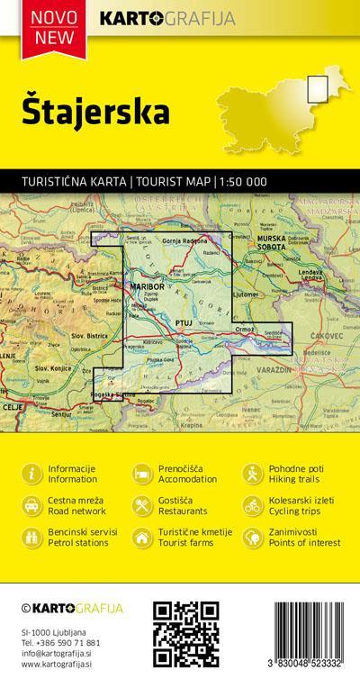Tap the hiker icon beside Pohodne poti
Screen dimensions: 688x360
click(x=251, y=475)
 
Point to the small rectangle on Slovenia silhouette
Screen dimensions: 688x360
click(x=317, y=87)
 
